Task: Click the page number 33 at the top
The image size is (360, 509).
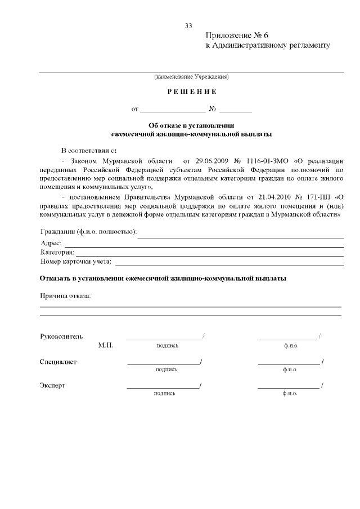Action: click(188, 25)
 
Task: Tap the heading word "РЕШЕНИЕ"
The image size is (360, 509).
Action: click(191, 92)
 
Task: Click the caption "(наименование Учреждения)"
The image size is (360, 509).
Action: click(191, 76)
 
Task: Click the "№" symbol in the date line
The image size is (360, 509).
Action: click(213, 109)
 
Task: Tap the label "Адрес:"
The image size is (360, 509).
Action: click(51, 244)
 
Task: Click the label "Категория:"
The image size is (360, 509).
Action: click(57, 253)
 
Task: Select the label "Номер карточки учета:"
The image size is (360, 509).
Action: click(76, 262)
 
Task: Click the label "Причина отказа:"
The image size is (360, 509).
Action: click(65, 296)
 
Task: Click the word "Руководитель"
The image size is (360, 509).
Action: click(61, 336)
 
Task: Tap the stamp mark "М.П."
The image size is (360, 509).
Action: click(105, 345)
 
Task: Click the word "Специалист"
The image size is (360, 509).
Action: click(58, 362)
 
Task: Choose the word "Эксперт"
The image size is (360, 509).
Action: click(52, 386)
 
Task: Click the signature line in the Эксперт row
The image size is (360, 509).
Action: click(163, 388)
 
